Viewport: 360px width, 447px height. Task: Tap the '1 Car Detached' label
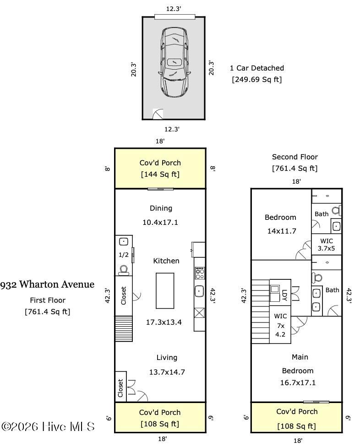(256, 68)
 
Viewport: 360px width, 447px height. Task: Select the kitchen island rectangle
(165, 290)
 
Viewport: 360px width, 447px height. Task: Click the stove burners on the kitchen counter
(200, 274)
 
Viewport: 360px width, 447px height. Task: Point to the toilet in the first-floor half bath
(123, 269)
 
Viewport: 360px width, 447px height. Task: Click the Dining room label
(161, 208)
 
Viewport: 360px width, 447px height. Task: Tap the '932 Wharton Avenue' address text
(47, 284)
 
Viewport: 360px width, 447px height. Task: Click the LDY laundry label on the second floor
(284, 292)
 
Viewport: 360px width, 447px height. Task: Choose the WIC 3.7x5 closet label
(327, 245)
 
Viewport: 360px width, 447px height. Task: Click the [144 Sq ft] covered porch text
(160, 174)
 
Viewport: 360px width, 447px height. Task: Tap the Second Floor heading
(295, 157)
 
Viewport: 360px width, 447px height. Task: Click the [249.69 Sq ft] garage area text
(256, 80)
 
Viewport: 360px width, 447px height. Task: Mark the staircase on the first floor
(124, 328)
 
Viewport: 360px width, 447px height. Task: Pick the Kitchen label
(166, 261)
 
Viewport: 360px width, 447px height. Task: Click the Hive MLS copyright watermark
(48, 426)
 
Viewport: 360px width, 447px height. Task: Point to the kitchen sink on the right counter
(200, 290)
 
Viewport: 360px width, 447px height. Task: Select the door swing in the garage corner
(158, 114)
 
